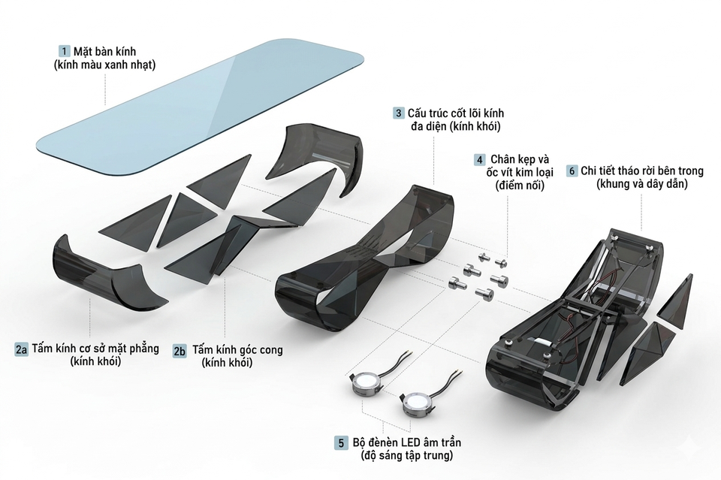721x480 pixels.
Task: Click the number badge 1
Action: [x=65, y=52]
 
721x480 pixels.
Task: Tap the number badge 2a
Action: [x=22, y=349]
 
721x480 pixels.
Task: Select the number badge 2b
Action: [x=179, y=350]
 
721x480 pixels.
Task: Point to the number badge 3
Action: [x=398, y=113]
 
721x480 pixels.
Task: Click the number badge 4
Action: [x=478, y=160]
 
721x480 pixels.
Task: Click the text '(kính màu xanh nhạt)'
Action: [x=104, y=65]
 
